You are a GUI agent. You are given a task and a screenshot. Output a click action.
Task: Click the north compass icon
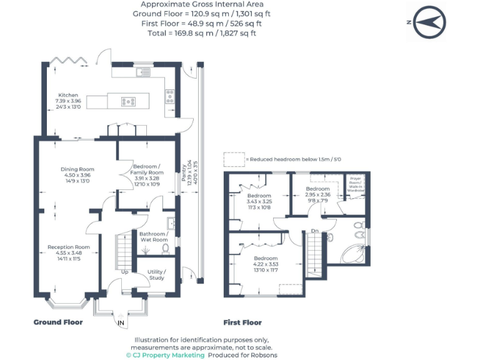click(x=429, y=22)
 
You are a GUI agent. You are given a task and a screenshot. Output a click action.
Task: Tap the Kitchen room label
click(x=68, y=96)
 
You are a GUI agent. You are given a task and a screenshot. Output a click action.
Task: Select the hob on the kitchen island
click(x=129, y=101)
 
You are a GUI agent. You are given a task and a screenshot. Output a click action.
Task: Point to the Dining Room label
click(x=77, y=169)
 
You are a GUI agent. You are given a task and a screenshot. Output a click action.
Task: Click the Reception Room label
click(x=69, y=247)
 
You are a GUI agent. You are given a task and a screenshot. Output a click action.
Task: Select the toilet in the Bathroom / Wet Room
click(x=165, y=248)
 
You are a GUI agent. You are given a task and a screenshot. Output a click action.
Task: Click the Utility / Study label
click(x=156, y=275)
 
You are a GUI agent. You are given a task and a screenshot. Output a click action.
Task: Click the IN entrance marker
click(x=121, y=322)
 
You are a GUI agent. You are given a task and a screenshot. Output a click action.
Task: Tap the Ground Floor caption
click(x=57, y=322)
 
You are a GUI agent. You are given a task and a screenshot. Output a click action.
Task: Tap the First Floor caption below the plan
click(x=242, y=322)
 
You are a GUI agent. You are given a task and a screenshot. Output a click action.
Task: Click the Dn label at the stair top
click(x=315, y=232)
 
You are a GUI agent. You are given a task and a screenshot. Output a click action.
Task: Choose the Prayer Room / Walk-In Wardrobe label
click(x=356, y=186)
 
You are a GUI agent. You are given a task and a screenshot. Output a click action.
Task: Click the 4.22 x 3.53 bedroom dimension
click(x=265, y=264)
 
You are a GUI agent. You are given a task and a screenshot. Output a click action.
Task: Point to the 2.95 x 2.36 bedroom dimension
click(x=317, y=194)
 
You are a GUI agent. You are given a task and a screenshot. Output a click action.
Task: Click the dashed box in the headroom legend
click(x=234, y=159)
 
